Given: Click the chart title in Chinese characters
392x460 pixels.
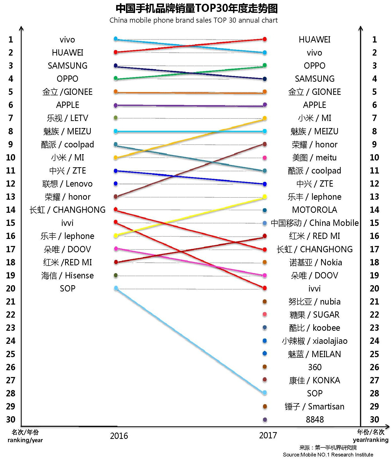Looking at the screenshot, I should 196,9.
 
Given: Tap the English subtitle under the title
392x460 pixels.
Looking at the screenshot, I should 193,20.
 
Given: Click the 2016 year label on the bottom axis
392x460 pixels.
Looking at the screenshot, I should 119,436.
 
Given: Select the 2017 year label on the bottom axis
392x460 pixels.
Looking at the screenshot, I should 268,435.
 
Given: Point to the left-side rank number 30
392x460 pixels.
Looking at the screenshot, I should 11,420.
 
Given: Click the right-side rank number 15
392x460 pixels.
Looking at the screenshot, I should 374,223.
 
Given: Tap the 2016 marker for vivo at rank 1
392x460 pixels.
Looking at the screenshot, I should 116,39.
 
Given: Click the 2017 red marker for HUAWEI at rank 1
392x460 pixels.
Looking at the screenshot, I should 265,39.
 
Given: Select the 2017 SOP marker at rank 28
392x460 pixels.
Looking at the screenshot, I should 265,393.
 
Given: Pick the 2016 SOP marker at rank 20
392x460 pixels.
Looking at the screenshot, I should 116,288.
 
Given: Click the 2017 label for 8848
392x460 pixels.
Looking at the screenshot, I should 315,420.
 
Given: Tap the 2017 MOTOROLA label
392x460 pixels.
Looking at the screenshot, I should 315,210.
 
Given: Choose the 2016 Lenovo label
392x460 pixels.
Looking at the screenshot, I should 67,184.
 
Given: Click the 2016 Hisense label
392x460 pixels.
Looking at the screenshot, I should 67,276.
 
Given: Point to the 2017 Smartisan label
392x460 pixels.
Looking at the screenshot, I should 314,406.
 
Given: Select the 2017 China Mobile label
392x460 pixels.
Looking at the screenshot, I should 315,223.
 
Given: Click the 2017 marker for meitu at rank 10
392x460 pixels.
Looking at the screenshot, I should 265,158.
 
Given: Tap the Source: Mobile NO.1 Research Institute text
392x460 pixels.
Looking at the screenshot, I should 328,455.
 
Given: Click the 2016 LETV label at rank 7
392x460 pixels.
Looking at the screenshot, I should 67,118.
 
